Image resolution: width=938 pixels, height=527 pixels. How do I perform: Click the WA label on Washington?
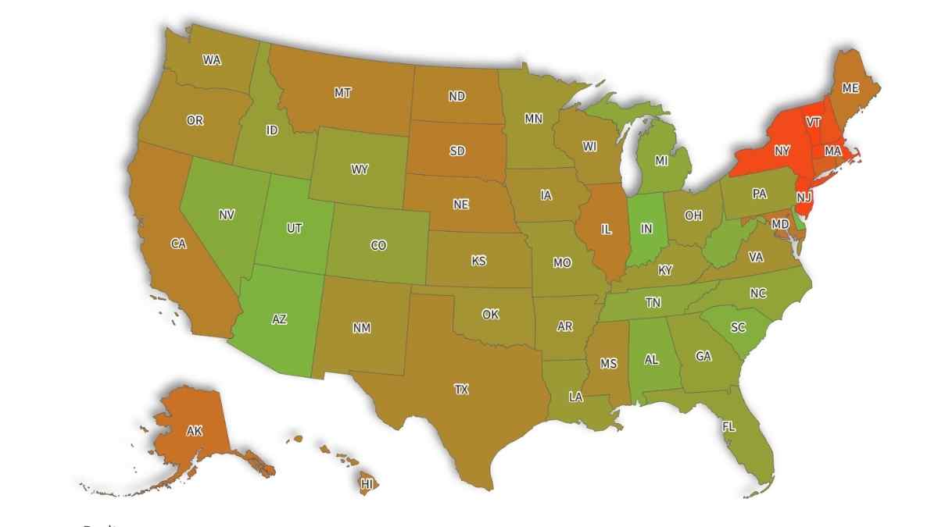pyautogui.click(x=211, y=59)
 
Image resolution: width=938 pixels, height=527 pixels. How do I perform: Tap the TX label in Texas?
pyautogui.click(x=462, y=389)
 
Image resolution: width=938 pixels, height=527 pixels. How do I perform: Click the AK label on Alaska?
pyautogui.click(x=195, y=430)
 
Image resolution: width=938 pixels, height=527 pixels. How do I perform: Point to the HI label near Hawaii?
pyautogui.click(x=367, y=484)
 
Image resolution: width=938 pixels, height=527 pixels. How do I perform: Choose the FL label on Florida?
pyautogui.click(x=729, y=427)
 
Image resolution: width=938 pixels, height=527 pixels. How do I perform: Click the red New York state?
pyautogui.click(x=782, y=150)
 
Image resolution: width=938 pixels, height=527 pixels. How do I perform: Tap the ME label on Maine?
pyautogui.click(x=850, y=88)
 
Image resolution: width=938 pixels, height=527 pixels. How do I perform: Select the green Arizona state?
pyautogui.click(x=279, y=319)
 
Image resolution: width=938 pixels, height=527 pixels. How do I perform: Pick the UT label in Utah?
pyautogui.click(x=295, y=228)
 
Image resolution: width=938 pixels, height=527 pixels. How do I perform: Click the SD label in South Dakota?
pyautogui.click(x=457, y=151)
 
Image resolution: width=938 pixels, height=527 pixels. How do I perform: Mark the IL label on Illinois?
pyautogui.click(x=606, y=230)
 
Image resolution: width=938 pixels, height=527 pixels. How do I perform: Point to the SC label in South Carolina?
pyautogui.click(x=738, y=328)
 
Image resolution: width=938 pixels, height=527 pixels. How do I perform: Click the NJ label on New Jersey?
pyautogui.click(x=804, y=198)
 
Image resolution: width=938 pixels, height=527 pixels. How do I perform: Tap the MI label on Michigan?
pyautogui.click(x=661, y=161)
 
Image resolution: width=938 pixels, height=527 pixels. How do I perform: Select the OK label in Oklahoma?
pyautogui.click(x=490, y=314)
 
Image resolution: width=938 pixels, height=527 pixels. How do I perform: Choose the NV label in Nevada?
pyautogui.click(x=227, y=214)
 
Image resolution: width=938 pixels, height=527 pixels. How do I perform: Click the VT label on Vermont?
pyautogui.click(x=814, y=122)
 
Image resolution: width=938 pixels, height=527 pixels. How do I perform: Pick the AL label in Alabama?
pyautogui.click(x=651, y=361)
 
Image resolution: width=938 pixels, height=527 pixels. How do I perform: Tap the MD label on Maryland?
pyautogui.click(x=780, y=224)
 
